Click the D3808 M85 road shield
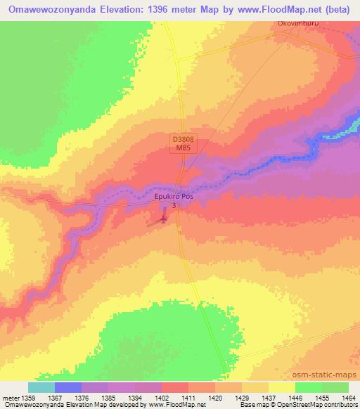click(183, 145)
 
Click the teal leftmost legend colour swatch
click(41, 387)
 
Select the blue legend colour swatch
click(68, 387)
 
